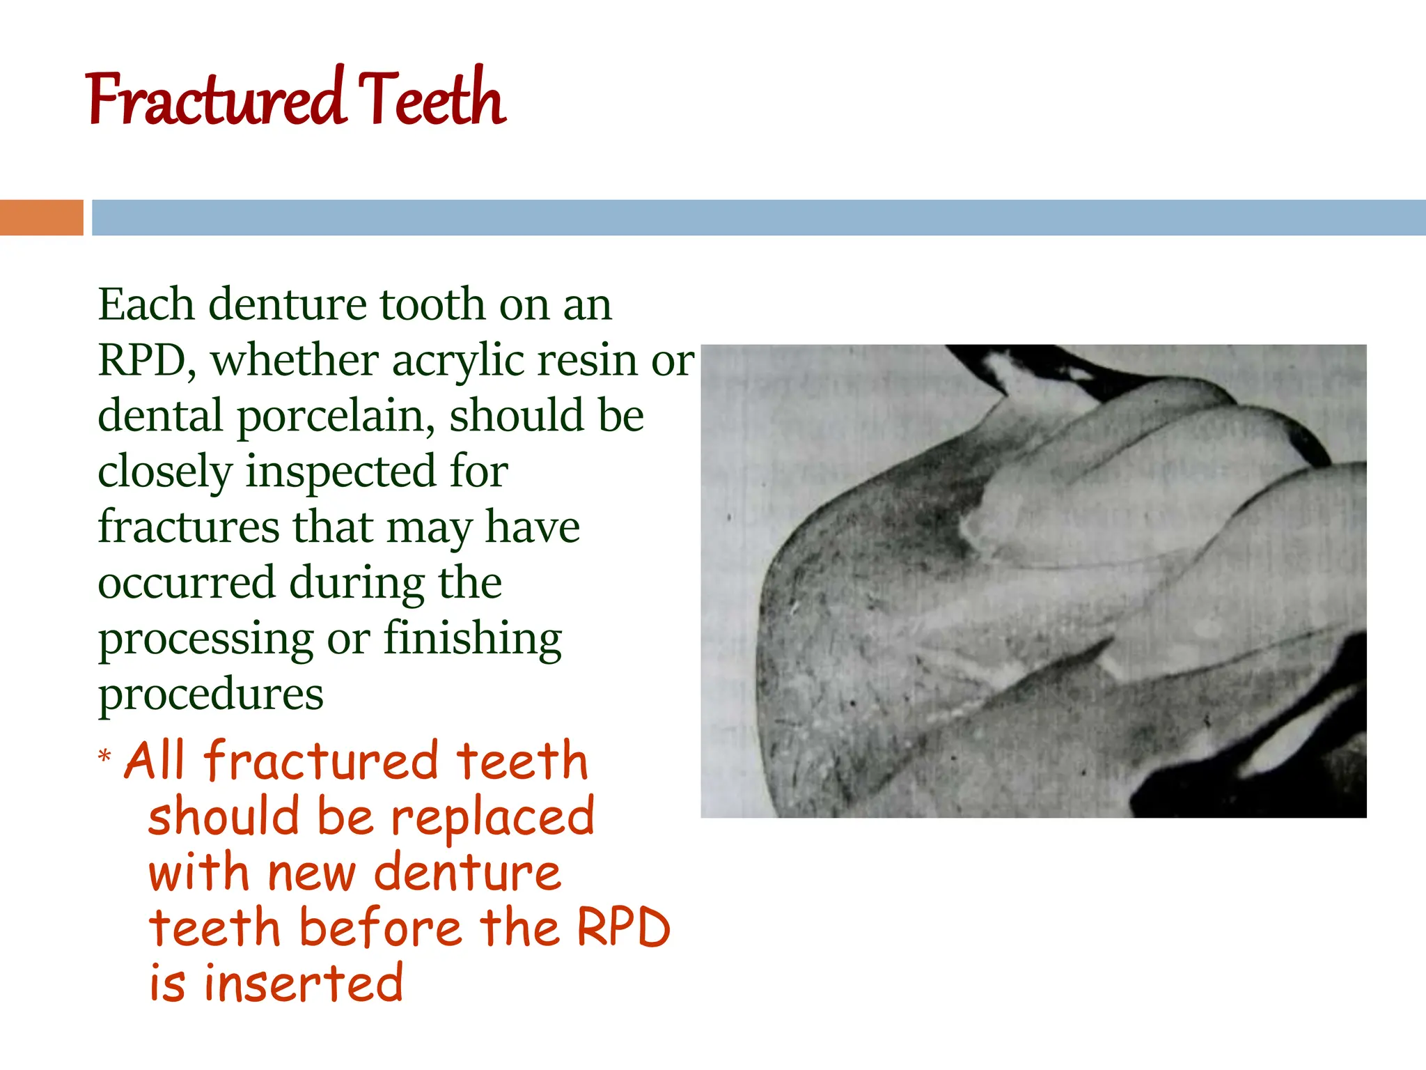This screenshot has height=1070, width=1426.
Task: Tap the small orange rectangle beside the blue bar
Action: click(41, 217)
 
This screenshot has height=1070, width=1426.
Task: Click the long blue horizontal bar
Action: click(759, 217)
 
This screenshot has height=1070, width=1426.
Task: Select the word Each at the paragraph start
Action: click(146, 304)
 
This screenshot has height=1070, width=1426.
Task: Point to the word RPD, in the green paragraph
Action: click(147, 361)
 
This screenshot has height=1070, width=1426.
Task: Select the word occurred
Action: click(187, 582)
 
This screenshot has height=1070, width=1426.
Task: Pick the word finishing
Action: click(473, 639)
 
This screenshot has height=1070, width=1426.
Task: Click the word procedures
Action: click(210, 694)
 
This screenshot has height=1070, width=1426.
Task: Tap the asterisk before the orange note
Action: click(104, 756)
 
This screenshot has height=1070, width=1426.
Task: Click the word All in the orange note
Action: click(155, 761)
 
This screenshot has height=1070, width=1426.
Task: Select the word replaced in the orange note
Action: click(493, 816)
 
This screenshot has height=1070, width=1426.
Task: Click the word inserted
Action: click(304, 984)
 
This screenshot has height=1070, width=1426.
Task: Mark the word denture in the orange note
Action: click(467, 872)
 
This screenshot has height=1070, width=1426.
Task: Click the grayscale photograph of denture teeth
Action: click(1033, 581)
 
